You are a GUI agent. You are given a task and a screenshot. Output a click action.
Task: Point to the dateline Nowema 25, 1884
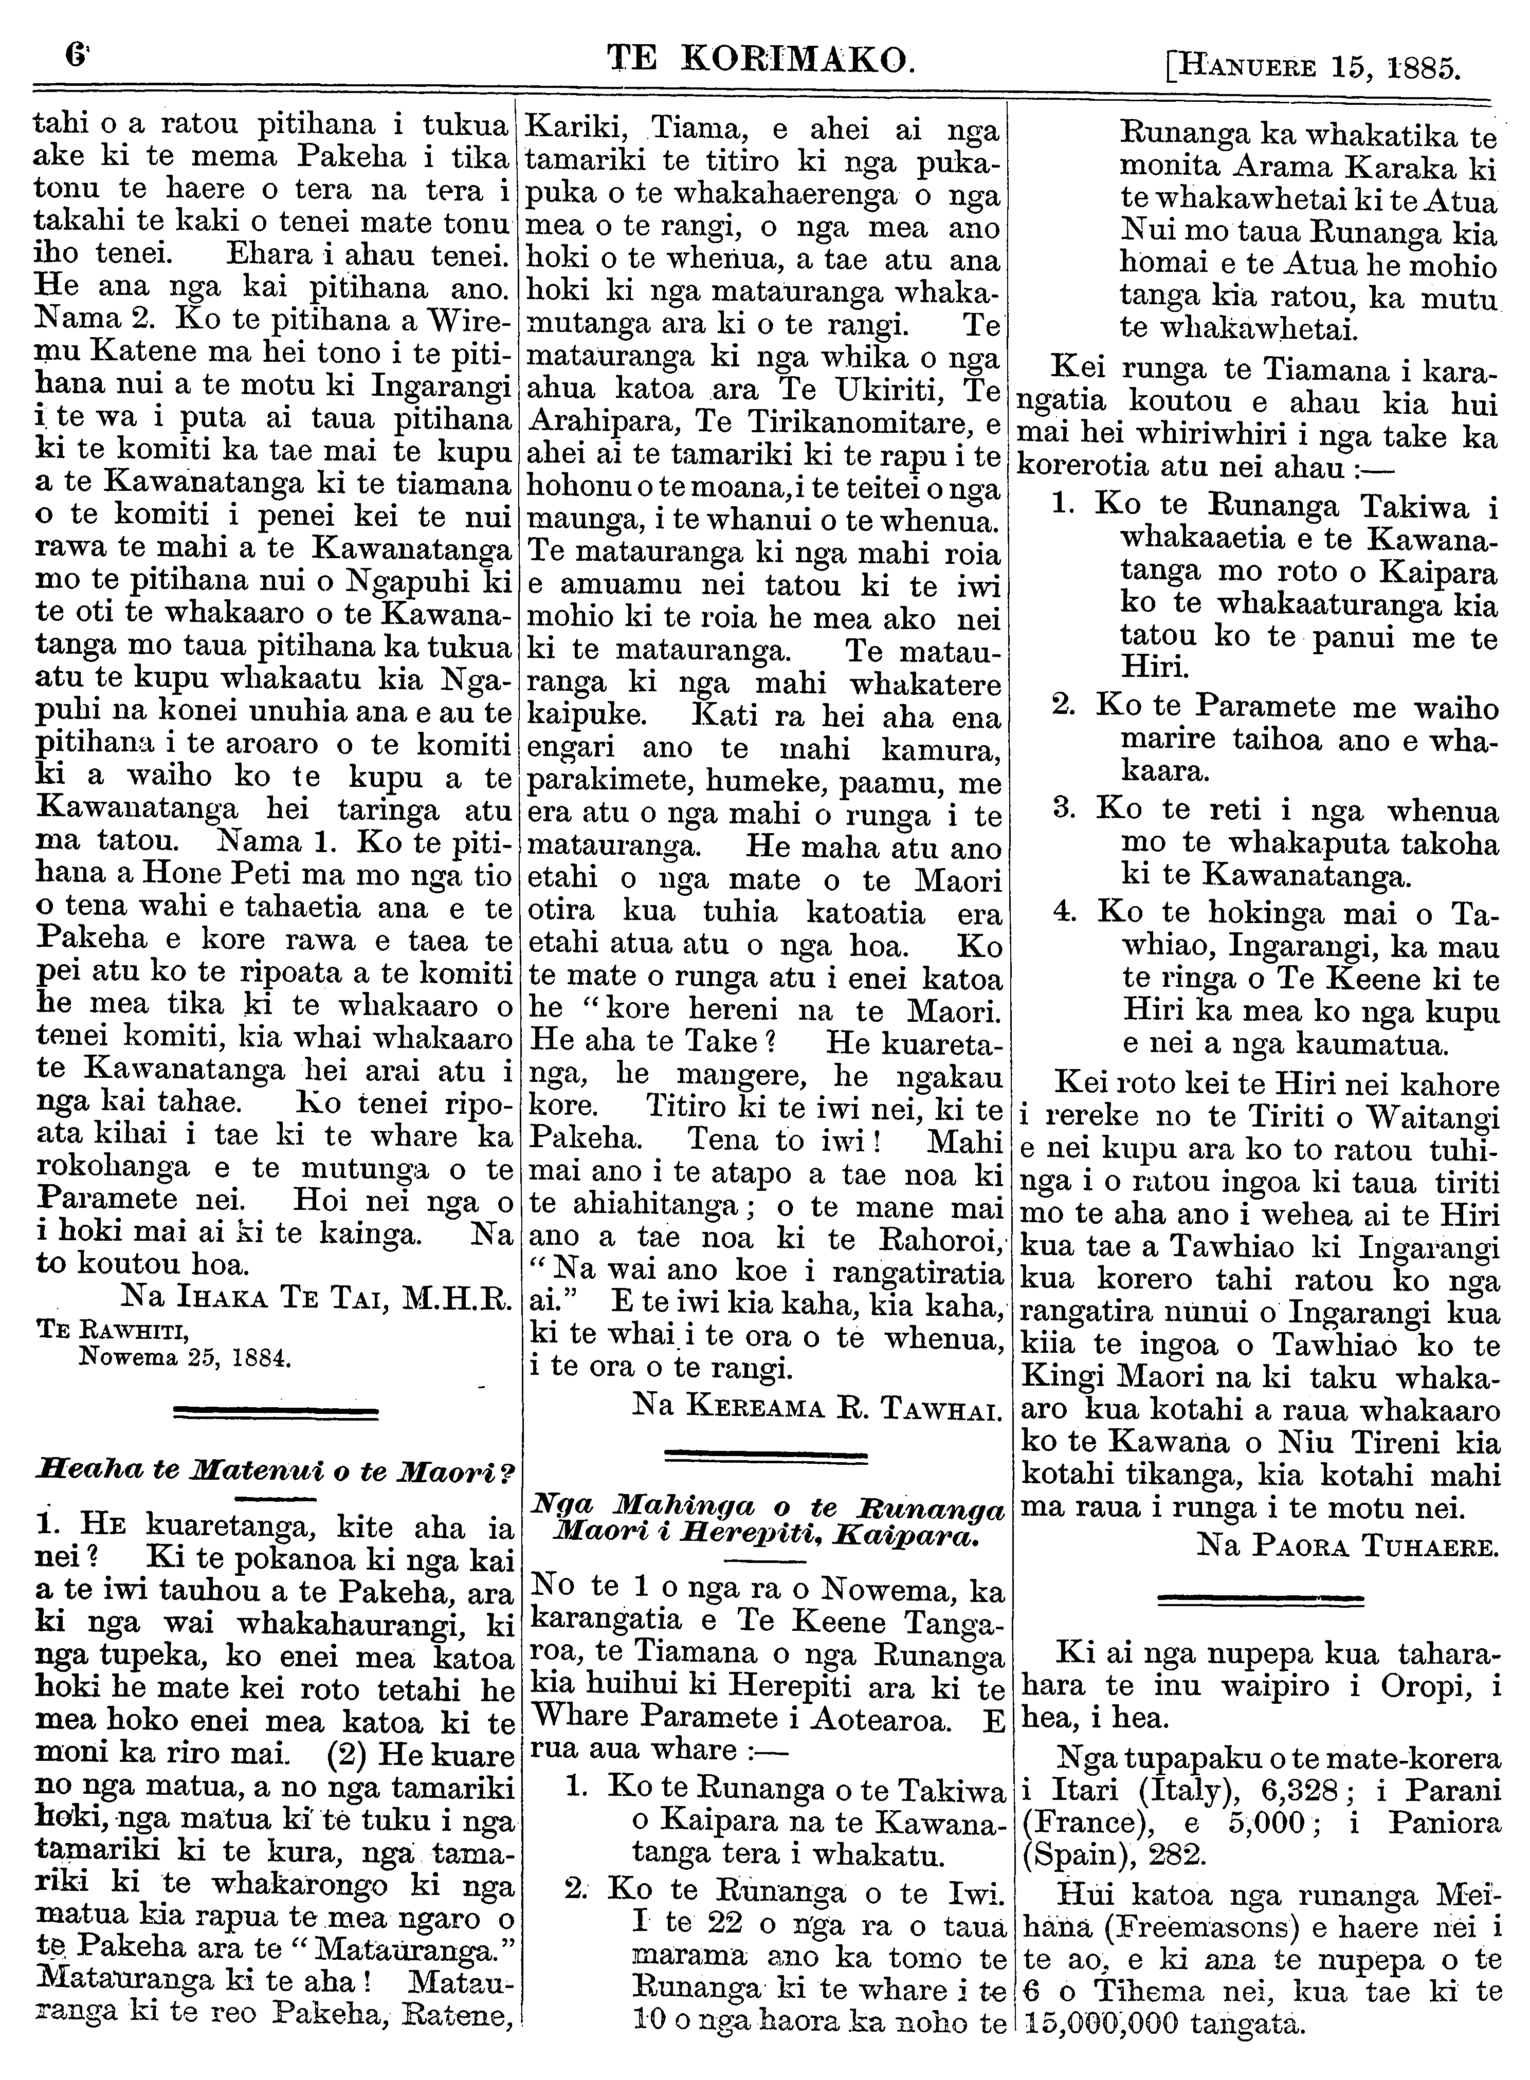pos(185,1358)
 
